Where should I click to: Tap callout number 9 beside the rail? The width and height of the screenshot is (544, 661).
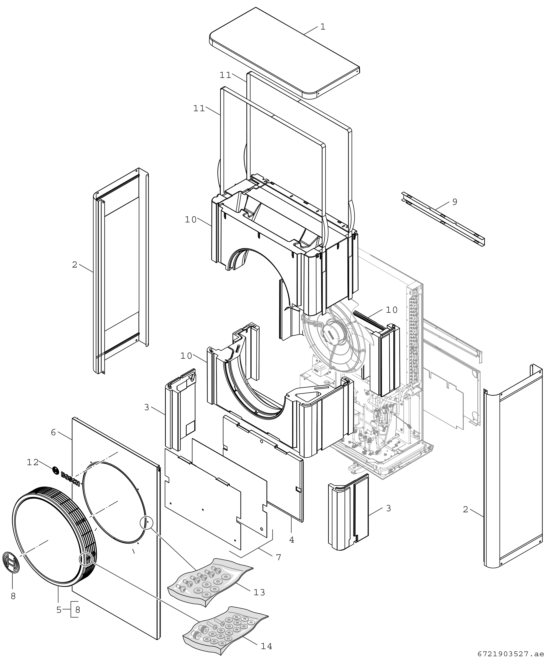455,202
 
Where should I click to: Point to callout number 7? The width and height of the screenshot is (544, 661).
278,557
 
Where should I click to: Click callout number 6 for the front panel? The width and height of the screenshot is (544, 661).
53,433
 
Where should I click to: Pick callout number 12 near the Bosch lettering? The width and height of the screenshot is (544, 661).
33,462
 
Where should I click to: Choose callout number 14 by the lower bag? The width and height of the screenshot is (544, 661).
266,646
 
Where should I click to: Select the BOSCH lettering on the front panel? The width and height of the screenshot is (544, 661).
70,479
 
